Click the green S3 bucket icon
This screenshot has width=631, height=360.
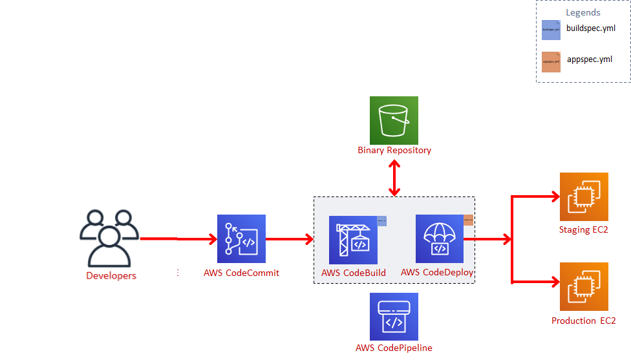coord(394,120)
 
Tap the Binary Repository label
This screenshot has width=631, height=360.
coord(394,151)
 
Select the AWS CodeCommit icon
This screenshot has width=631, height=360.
coord(241,238)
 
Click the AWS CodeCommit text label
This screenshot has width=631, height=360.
coord(241,273)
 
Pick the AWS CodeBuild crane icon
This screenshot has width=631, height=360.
coord(353,240)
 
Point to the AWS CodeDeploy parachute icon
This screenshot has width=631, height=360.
coord(440,238)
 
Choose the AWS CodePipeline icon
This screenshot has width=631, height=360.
coord(394,317)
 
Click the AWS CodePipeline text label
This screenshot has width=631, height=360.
coord(394,348)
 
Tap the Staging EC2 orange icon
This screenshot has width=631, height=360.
coord(584,196)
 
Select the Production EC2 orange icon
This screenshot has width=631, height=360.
coord(584,287)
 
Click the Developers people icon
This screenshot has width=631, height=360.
coord(110,238)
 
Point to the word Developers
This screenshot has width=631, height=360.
coord(111,276)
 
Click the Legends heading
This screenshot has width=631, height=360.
coord(583,12)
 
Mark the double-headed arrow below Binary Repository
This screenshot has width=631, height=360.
coord(394,175)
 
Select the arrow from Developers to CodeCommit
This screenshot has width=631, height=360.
coord(178,239)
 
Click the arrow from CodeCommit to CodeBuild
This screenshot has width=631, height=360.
coord(290,239)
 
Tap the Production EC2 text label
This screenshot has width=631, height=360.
coord(583,321)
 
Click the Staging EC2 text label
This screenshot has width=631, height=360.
coord(584,229)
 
